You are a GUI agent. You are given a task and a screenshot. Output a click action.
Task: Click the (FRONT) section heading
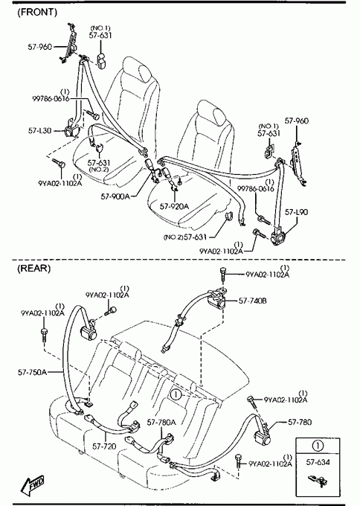(36, 12)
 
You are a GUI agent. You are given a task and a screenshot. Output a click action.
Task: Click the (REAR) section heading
(34, 269)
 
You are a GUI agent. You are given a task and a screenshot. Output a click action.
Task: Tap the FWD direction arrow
(32, 486)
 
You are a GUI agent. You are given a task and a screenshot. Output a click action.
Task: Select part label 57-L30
(39, 131)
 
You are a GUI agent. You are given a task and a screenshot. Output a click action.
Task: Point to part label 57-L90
(296, 212)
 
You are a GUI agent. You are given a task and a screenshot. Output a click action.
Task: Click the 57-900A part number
(115, 196)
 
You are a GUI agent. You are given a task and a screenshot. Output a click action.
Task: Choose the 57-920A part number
(174, 206)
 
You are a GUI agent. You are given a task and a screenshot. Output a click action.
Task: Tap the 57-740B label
(253, 301)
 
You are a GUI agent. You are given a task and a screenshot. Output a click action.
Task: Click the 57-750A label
(32, 372)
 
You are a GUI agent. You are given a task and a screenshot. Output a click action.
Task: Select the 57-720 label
(104, 446)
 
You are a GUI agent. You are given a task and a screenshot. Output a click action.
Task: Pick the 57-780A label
(161, 422)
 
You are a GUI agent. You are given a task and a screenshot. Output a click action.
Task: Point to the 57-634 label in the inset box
(318, 462)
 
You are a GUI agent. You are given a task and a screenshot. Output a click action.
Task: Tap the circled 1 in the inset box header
(318, 446)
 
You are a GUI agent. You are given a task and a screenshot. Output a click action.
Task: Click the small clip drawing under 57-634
(318, 480)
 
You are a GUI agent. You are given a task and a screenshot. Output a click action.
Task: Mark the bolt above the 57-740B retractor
(222, 273)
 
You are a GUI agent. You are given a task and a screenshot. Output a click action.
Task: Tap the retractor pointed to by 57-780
(263, 434)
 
